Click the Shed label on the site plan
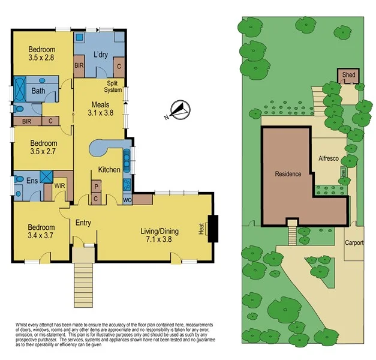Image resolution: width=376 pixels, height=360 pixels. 348,76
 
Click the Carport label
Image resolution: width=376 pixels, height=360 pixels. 354,244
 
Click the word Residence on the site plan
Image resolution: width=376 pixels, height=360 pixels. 288,174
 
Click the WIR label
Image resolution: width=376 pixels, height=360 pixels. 60,185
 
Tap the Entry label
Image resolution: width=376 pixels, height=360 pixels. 83,223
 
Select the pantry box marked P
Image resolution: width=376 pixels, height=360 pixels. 96,187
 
